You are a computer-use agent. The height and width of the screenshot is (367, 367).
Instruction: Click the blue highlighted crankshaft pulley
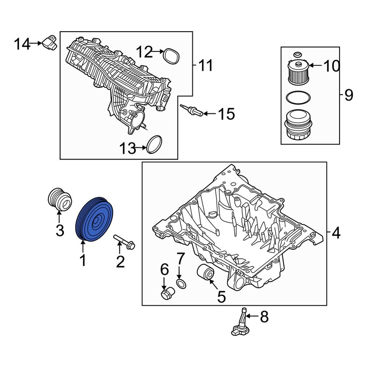[x=95, y=220]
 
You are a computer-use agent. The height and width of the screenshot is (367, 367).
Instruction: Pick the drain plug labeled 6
[x=167, y=293]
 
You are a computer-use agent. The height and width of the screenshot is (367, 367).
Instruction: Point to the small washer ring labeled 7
[x=181, y=283]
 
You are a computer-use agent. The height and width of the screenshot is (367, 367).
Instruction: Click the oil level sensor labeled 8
[x=241, y=323]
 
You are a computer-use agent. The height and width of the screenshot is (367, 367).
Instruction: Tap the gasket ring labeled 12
[x=171, y=55]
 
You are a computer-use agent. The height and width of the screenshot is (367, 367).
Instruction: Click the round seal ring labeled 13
[x=154, y=145]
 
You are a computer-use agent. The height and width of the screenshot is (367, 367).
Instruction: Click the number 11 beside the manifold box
[x=206, y=66]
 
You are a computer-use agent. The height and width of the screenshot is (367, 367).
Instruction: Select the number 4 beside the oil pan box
[x=336, y=232]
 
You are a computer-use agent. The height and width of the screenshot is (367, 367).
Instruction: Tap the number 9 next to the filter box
[x=348, y=95]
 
